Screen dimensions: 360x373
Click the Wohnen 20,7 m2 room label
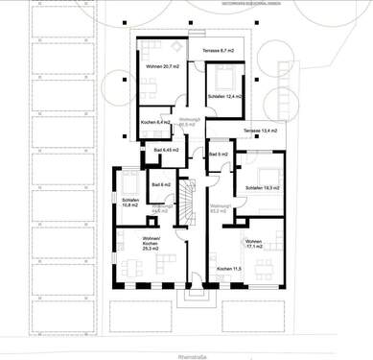tap(159, 65)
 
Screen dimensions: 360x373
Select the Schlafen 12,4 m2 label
tap(224, 98)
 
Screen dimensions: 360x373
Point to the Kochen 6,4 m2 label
tap(155, 123)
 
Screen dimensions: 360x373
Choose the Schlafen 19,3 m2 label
tap(262, 187)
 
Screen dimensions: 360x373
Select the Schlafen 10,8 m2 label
tap(131, 203)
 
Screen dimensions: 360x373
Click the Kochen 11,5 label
tap(229, 268)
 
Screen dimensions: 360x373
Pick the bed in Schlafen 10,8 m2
tap(129, 183)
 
